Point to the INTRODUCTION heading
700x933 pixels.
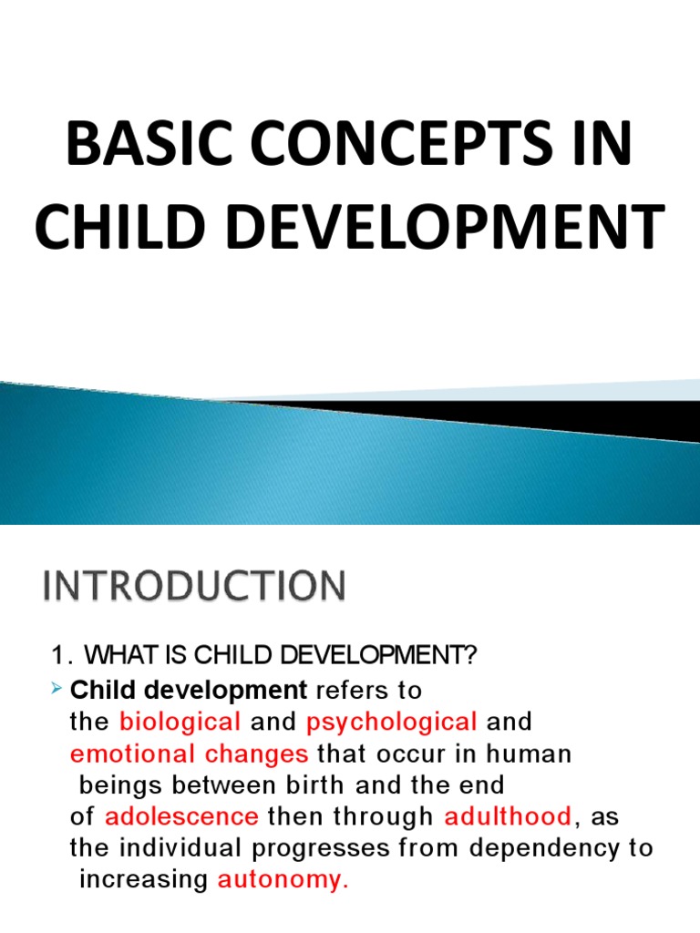[193, 586]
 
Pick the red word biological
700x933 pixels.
[180, 723]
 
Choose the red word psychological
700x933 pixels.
[392, 723]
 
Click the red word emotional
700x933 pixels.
[128, 754]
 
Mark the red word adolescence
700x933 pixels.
[181, 816]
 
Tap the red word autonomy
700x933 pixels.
[283, 880]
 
